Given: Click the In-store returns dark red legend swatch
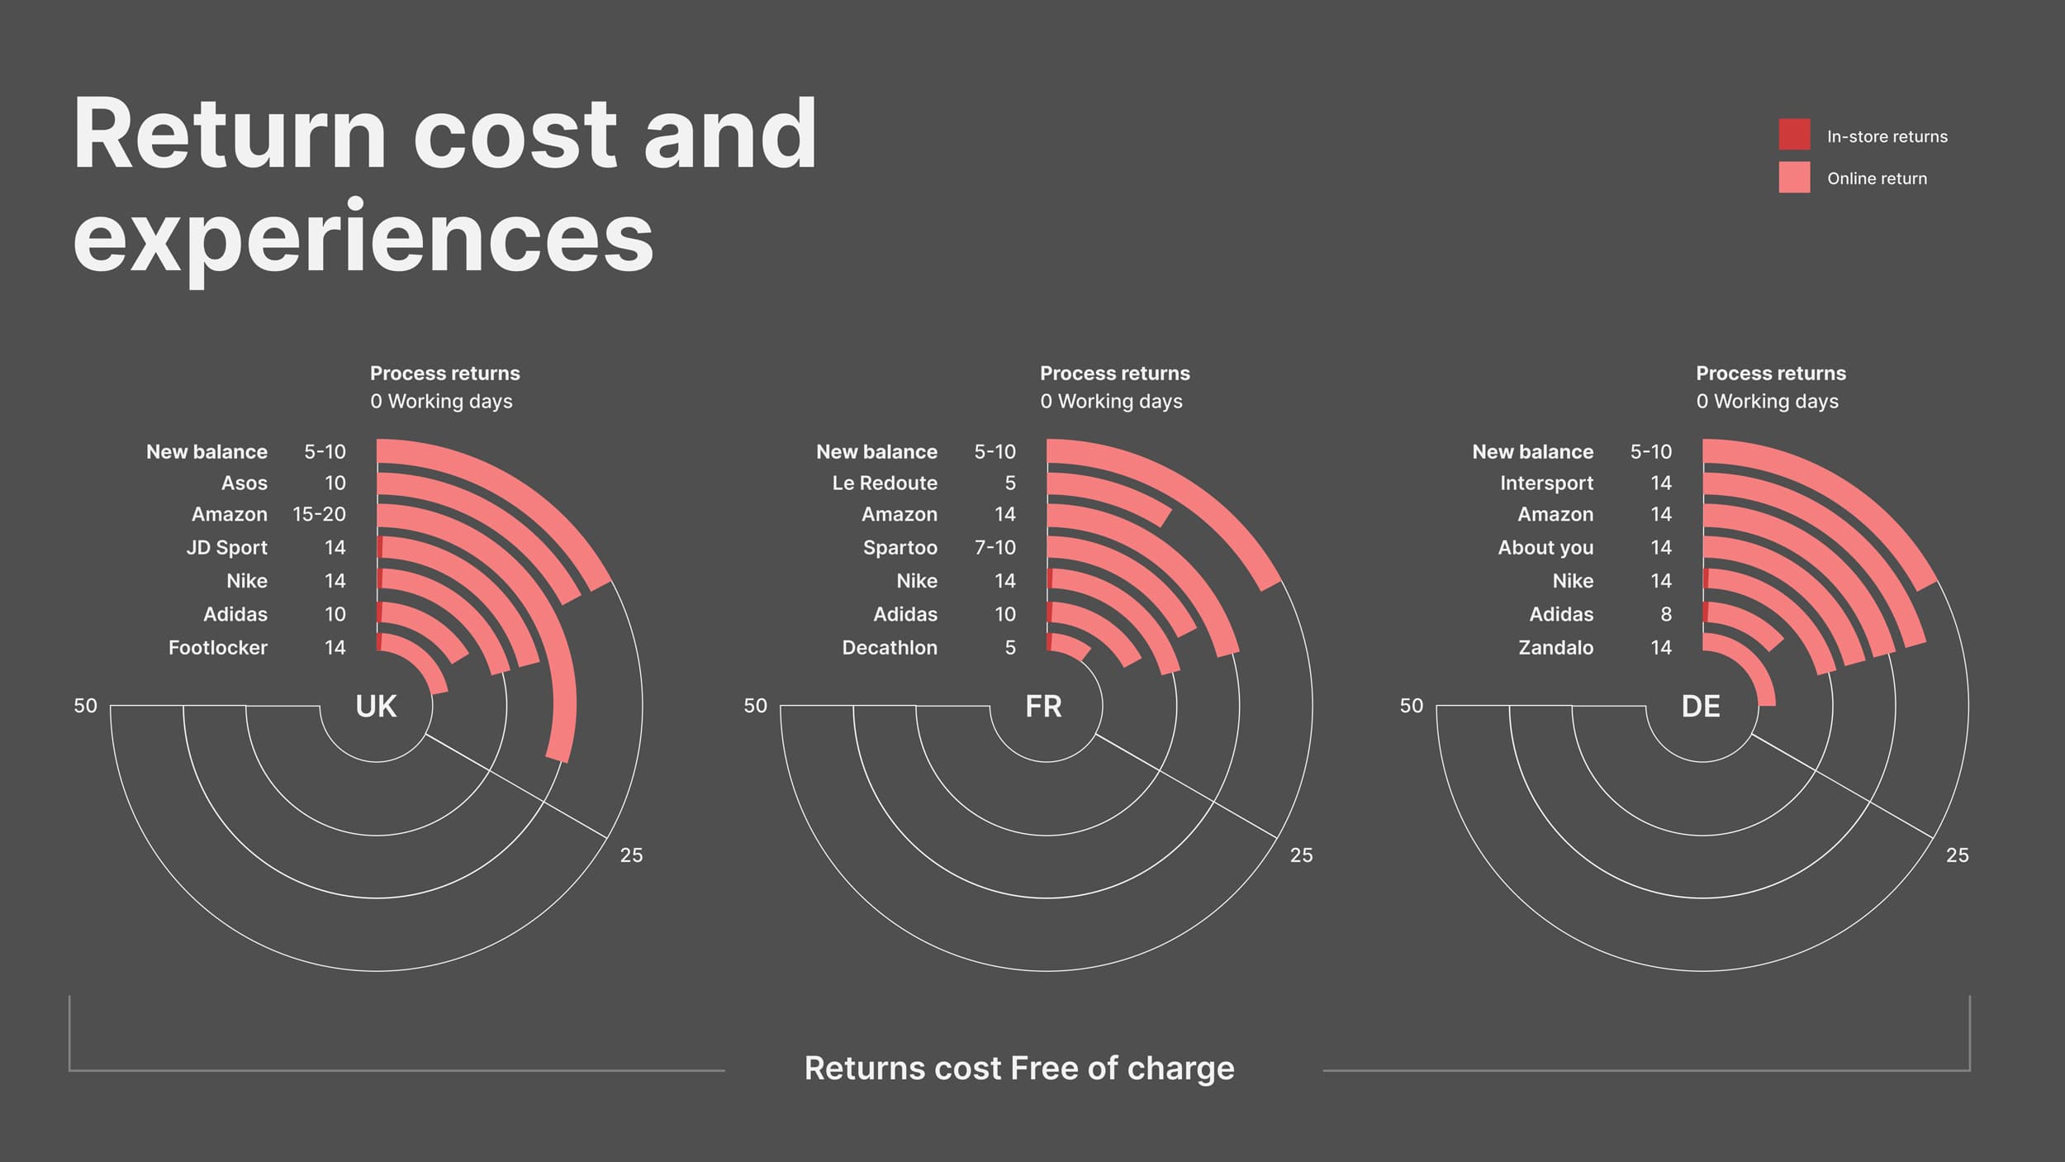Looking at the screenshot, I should point(1794,135).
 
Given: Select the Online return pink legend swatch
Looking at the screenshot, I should point(1794,178).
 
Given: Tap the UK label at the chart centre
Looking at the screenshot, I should point(376,707).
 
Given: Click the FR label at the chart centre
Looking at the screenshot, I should point(1043,707).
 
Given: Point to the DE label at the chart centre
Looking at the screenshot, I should point(1701,707).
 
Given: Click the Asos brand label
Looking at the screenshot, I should point(244,483).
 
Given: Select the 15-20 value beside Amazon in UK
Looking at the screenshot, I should point(319,515).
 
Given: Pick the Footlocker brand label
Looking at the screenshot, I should point(217,648).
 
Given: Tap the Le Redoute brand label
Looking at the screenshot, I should point(885,483).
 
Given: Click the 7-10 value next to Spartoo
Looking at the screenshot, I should point(995,548).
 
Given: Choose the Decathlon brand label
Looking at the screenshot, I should point(890,648).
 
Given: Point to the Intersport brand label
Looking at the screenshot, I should point(1546,483).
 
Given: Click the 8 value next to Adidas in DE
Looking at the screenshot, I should point(1665,615).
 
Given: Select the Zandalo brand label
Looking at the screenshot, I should point(1555,648).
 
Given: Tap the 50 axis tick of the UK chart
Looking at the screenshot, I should point(85,706).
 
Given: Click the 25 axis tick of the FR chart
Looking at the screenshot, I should point(1301,855).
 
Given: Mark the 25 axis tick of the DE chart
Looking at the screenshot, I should point(1957,855).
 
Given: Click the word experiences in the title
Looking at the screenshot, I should point(363,238).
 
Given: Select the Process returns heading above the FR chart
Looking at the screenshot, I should point(1114,374).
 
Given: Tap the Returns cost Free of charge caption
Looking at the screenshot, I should point(1019,1069).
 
